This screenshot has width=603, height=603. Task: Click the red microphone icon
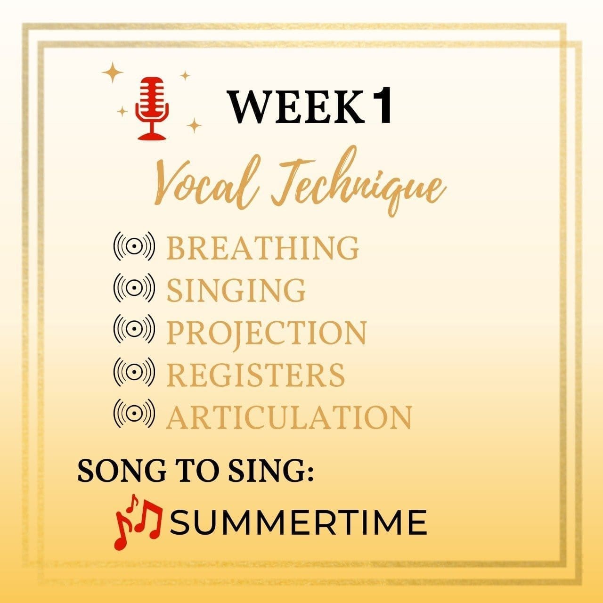(x=152, y=108)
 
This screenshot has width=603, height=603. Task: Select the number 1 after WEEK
(x=380, y=105)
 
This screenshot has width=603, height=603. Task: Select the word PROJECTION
(x=266, y=332)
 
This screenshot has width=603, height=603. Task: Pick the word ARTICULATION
(x=288, y=417)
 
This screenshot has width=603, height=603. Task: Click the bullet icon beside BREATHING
(x=134, y=246)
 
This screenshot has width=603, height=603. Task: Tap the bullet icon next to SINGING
(x=134, y=288)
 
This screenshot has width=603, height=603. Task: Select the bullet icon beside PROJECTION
(x=134, y=329)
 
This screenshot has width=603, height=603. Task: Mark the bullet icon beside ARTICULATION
(x=134, y=414)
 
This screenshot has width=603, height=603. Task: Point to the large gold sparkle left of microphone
(x=113, y=72)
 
